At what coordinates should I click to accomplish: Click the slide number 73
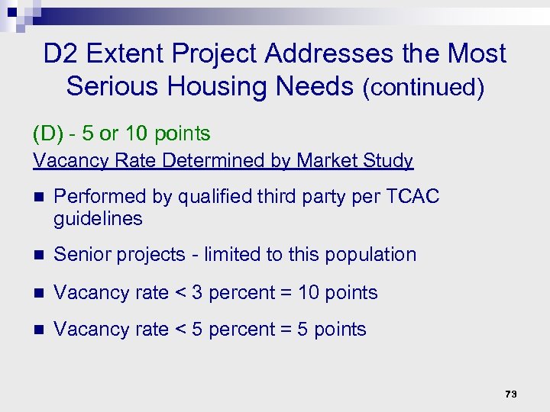click(511, 394)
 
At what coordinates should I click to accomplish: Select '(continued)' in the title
click(423, 88)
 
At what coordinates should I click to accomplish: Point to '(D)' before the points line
click(47, 134)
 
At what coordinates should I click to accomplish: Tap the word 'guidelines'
click(98, 219)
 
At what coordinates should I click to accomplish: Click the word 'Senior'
click(81, 255)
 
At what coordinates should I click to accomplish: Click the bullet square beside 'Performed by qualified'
click(39, 197)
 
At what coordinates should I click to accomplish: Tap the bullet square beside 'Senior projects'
click(39, 256)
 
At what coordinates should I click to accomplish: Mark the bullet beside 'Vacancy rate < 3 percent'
click(39, 293)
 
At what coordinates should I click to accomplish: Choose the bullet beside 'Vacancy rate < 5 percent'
click(39, 330)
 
